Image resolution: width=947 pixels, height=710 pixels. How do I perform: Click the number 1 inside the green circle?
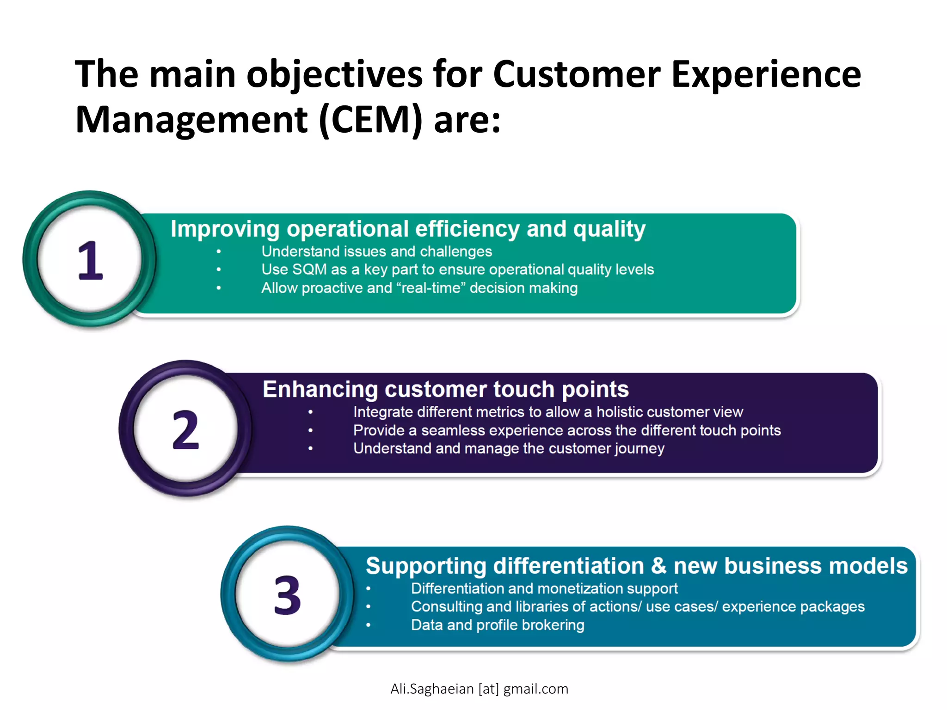point(90,261)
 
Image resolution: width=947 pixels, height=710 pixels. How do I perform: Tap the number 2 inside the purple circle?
point(185,430)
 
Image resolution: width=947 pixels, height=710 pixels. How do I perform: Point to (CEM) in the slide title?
point(370,120)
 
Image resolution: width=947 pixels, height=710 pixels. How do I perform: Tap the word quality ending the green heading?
point(609,229)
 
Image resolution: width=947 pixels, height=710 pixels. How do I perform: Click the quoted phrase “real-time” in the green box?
point(431,288)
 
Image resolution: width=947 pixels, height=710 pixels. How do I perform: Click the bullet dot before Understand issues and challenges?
point(218,251)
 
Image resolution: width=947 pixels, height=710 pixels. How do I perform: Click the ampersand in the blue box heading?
point(658,566)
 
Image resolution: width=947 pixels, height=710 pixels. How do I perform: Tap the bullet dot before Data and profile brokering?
point(369,625)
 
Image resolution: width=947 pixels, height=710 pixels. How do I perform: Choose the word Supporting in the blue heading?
point(426,566)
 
